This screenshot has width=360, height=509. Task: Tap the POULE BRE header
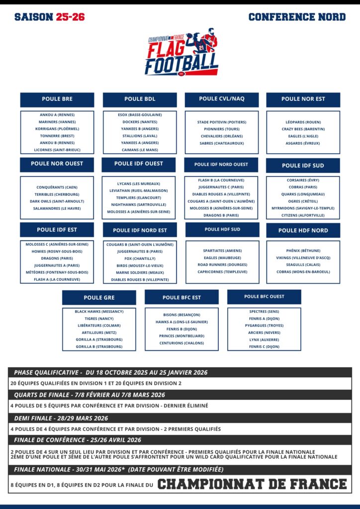(57, 99)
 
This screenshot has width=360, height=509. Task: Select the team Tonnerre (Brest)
(57, 136)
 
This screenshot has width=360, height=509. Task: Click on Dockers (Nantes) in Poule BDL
(140, 122)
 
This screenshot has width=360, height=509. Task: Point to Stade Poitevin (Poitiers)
(221, 122)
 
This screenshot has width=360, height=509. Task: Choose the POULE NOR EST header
(303, 99)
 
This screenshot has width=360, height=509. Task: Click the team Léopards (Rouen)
(303, 122)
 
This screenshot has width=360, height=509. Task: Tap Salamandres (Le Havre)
(57, 208)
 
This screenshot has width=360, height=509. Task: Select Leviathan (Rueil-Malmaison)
(139, 190)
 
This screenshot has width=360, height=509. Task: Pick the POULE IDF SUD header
(303, 166)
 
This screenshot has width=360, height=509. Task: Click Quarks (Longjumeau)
(303, 194)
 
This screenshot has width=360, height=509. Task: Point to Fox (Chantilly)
(140, 258)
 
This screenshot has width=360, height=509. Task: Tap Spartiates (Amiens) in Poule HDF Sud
(222, 251)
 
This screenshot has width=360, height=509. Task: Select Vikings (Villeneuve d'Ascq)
(303, 257)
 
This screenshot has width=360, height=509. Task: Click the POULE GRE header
(99, 298)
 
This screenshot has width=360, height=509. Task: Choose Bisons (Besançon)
(181, 315)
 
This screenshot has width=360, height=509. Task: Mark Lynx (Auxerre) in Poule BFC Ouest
(264, 339)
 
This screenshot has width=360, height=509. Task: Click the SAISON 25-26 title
(50, 17)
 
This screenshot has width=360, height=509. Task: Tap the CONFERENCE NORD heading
(297, 17)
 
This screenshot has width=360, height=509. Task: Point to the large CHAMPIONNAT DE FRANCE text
(252, 484)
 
